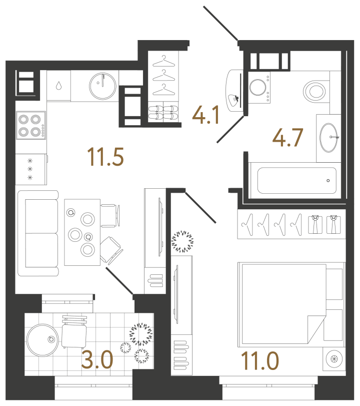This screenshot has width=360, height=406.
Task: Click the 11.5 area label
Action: [x=105, y=157]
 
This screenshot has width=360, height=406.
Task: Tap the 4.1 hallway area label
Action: [x=206, y=115]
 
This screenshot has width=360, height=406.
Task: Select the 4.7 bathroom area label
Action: [x=287, y=138]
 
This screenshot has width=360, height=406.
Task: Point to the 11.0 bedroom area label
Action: [x=260, y=360]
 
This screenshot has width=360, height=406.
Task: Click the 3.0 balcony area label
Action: [x=97, y=359]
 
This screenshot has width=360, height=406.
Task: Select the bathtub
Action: [x=297, y=181]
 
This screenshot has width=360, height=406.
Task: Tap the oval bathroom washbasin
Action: [x=328, y=138]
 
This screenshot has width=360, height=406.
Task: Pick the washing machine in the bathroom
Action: [x=259, y=88]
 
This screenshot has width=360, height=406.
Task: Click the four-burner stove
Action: [x=31, y=126]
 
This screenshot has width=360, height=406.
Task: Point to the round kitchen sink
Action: [x=102, y=86]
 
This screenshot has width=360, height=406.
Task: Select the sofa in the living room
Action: [x=38, y=233]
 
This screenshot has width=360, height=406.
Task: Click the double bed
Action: [x=291, y=305]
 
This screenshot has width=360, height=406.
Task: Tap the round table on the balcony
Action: [x=42, y=340]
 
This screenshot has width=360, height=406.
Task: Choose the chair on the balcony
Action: [x=74, y=332]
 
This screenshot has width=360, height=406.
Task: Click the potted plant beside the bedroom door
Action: [x=182, y=241]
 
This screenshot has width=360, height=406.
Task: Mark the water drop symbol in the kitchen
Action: [x=58, y=86]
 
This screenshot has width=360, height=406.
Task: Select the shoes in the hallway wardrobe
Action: [x=163, y=113]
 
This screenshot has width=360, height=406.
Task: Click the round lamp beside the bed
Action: [x=334, y=359]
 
